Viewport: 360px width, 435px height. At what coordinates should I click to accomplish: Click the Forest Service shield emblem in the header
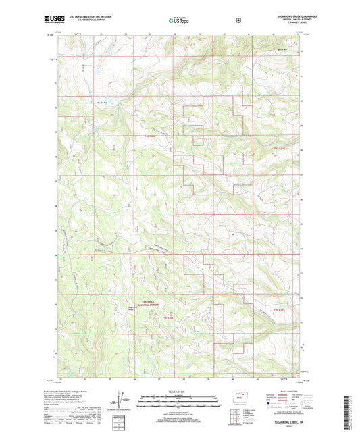click(237, 19)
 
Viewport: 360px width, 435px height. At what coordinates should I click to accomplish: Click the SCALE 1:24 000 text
click(179, 391)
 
